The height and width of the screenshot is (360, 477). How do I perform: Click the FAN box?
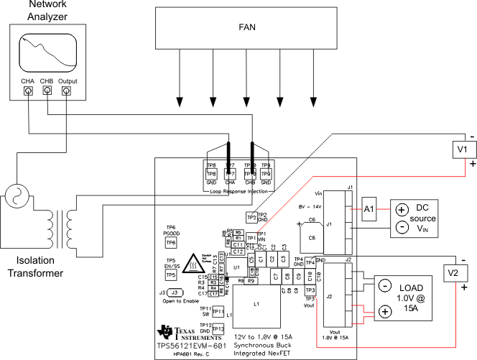246,28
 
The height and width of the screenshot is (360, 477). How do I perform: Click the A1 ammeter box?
370,206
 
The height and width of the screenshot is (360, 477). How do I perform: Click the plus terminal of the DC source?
400,209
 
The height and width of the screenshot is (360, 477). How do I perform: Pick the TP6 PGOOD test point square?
171,243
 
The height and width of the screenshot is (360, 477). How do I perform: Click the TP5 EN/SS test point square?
171,274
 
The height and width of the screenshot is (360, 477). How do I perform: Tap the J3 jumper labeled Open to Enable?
175,292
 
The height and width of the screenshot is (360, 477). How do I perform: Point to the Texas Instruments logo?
167,331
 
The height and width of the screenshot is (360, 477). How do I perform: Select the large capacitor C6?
312,238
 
